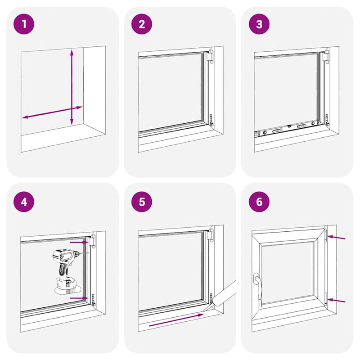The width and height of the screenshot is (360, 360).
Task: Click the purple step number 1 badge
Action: [x=24, y=24]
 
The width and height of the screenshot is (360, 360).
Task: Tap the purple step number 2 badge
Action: [x=142, y=24]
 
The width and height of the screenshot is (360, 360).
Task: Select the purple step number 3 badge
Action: [x=259, y=24]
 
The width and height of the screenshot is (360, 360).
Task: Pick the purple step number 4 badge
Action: [x=24, y=201]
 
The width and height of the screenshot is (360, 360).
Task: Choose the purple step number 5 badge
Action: [x=142, y=201]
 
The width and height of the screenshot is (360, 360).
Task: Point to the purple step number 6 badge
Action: [x=259, y=201]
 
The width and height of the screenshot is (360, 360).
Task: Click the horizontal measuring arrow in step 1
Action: [x=52, y=112]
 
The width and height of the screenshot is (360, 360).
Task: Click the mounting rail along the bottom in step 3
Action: [x=288, y=128]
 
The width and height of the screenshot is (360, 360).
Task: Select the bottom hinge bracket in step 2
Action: [x=211, y=121]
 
